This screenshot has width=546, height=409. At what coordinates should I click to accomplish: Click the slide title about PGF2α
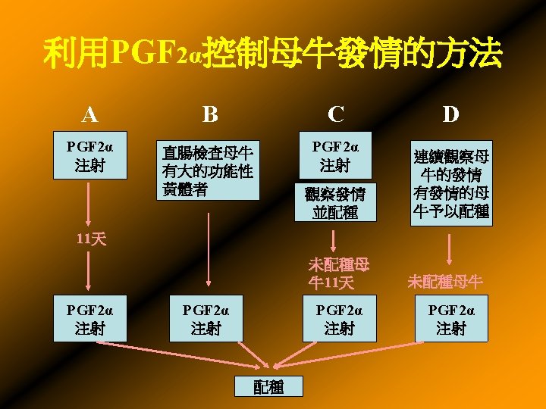tap(273, 54)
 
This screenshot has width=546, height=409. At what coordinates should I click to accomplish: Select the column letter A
tap(90, 114)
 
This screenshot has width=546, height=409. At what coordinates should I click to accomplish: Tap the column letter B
tap(210, 114)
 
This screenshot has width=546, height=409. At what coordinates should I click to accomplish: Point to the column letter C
tap(336, 114)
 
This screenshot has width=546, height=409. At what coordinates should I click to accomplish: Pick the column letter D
tap(450, 114)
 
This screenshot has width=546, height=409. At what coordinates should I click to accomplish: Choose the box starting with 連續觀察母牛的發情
tap(451, 183)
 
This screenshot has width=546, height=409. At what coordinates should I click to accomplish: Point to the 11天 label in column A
tap(92, 239)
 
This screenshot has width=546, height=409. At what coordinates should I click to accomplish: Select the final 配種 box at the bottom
tap(268, 386)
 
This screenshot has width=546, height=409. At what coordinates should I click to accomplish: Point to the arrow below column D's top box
tap(451, 248)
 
